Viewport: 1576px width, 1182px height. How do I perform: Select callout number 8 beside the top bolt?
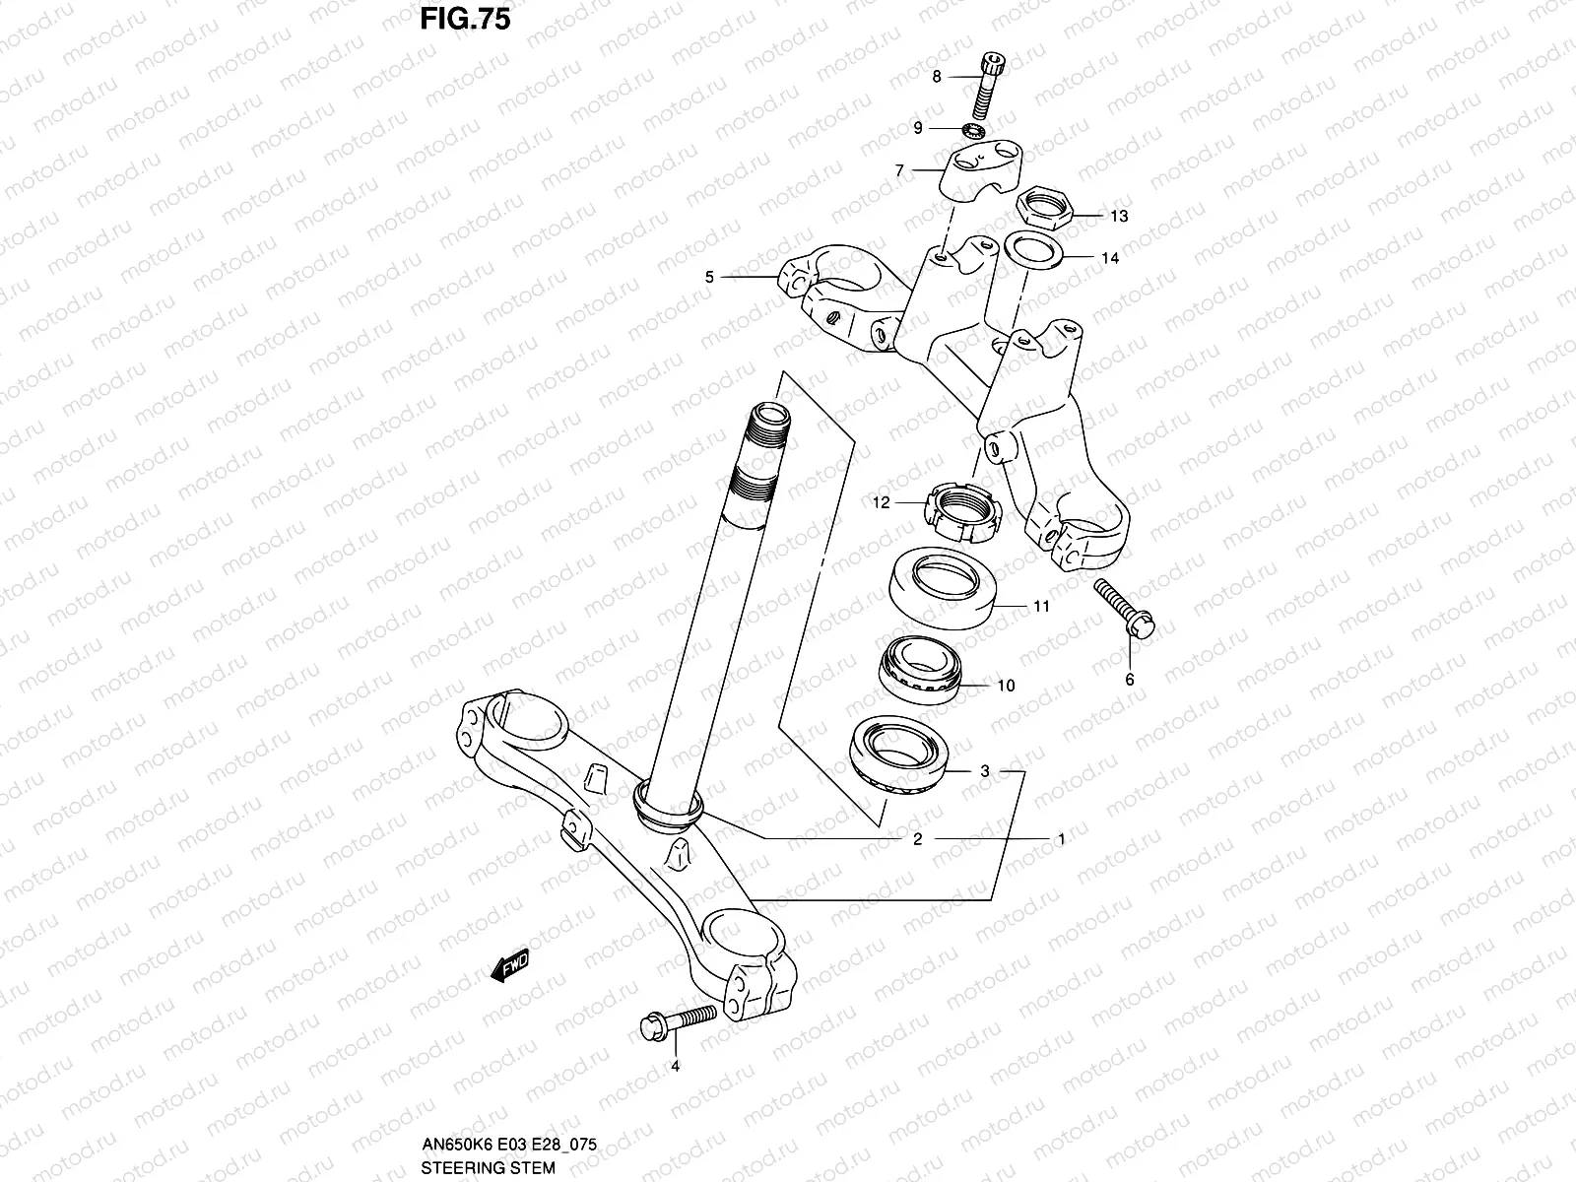click(x=936, y=76)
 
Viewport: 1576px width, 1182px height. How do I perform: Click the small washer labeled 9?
click(x=976, y=129)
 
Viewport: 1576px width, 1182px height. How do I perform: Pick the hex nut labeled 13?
click(x=1045, y=207)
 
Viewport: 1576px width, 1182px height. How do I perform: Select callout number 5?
click(x=709, y=278)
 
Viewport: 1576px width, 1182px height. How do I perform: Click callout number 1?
click(x=1061, y=839)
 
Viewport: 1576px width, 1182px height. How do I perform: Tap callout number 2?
click(x=917, y=839)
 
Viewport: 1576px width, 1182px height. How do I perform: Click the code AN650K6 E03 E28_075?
click(x=509, y=1146)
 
